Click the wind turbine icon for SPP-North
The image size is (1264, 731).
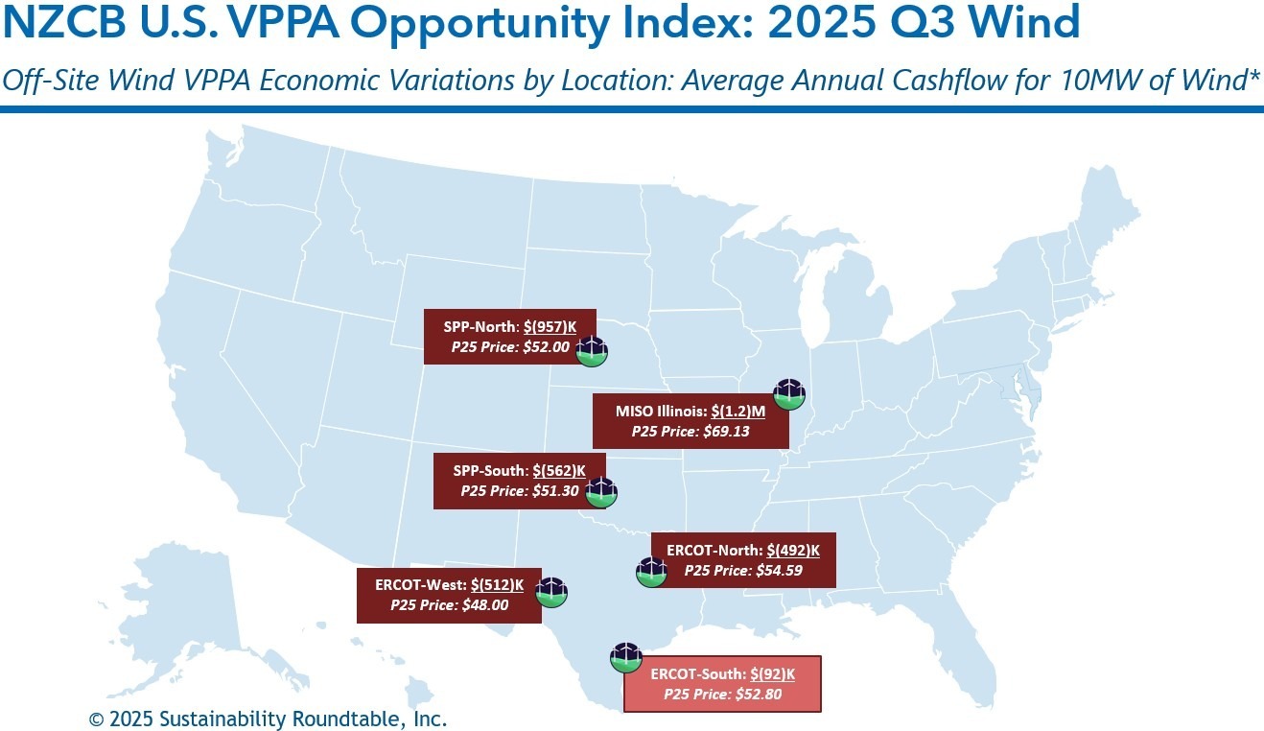point(592,350)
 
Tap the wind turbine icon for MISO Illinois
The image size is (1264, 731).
point(788,394)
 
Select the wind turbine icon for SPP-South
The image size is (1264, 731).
point(601,492)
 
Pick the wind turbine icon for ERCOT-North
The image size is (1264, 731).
point(651,572)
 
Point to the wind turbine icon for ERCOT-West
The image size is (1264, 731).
point(551,593)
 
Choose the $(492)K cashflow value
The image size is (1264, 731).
point(793,550)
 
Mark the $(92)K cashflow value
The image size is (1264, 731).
point(772,673)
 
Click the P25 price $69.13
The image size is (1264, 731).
point(726,432)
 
